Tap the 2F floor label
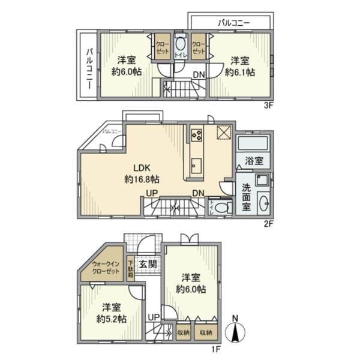(x=268, y=224)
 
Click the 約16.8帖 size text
(x=142, y=179)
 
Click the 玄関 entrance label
(x=147, y=263)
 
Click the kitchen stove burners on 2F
(x=197, y=135)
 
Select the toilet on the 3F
(x=180, y=45)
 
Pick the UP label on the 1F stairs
(x=154, y=316)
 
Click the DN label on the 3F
(x=198, y=75)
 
